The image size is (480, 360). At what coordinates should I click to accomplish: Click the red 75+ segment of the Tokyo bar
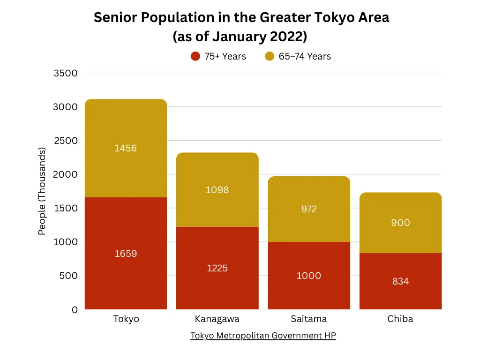pos(126,253)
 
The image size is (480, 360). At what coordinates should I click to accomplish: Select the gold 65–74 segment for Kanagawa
pos(217,189)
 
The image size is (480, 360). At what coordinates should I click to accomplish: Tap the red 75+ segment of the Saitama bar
pos(309,276)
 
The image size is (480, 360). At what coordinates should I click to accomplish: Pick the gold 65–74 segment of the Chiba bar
pos(400,223)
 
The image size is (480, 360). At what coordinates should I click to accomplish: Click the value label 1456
pos(126,148)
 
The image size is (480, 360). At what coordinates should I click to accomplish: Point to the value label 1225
pos(217,268)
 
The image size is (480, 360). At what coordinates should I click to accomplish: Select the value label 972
pos(309,209)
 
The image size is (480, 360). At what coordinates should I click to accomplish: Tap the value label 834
pos(400,281)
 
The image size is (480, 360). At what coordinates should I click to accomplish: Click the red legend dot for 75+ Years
pos(195,56)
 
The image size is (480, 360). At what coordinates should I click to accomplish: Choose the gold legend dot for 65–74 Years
pos(270,56)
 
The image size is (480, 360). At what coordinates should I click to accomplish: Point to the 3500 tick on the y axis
pos(66,73)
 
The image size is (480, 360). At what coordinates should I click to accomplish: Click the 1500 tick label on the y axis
pos(66,208)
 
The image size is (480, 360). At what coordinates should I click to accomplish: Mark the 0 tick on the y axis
pos(75,310)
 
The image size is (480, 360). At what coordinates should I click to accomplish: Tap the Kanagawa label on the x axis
pos(217,319)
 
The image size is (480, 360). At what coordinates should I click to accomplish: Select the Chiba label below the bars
pos(400,319)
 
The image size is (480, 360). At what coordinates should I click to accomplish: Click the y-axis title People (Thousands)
pos(42,191)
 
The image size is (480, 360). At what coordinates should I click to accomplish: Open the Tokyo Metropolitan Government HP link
pos(263,336)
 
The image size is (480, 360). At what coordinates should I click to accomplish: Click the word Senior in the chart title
pos(115,17)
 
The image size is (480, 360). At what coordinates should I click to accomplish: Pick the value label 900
pos(400,223)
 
